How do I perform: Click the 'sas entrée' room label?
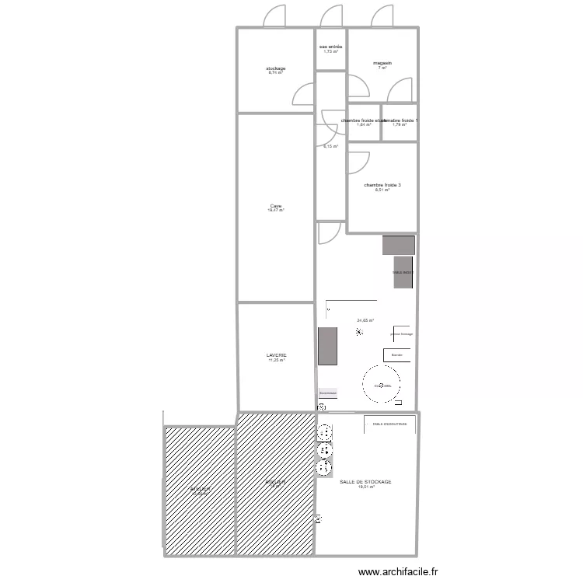click(x=330, y=47)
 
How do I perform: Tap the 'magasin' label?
click(x=382, y=63)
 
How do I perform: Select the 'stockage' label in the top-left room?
click(x=276, y=68)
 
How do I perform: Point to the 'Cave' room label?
click(x=276, y=206)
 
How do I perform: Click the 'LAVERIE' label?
click(x=276, y=355)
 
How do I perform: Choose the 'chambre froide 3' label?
click(x=382, y=185)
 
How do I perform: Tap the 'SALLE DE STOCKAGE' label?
click(x=365, y=482)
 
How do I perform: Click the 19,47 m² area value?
click(x=276, y=211)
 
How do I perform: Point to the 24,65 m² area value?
click(x=365, y=320)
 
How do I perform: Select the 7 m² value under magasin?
click(x=382, y=68)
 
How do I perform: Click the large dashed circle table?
click(x=382, y=386)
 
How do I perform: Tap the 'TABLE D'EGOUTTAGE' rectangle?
click(x=389, y=424)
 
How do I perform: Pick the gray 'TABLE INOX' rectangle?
click(x=403, y=272)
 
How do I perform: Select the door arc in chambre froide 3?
click(x=358, y=162)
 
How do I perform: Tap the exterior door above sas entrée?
click(x=332, y=17)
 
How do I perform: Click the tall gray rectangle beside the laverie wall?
click(x=327, y=346)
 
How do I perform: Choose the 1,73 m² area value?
click(x=330, y=51)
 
